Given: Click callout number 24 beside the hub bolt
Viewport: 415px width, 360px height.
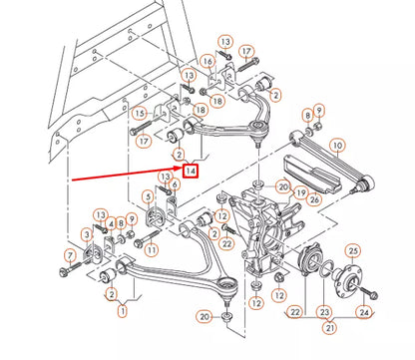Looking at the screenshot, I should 364,312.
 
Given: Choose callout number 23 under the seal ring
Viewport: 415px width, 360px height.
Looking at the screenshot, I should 322,312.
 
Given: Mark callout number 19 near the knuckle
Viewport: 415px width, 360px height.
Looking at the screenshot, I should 300,191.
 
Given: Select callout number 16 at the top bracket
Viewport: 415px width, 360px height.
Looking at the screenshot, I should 208,62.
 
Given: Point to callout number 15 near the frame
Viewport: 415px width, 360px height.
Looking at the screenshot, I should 140,112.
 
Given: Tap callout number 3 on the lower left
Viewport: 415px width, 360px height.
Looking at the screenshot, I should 86,234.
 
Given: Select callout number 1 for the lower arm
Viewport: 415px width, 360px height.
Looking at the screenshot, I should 122,312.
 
